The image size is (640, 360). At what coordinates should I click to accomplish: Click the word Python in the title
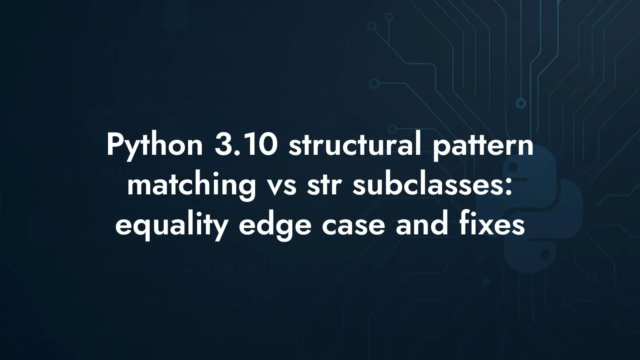click(x=154, y=146)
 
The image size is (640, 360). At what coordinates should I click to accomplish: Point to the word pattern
click(x=483, y=146)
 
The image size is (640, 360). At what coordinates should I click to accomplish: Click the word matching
click(x=192, y=185)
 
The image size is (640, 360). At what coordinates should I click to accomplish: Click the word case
click(x=354, y=228)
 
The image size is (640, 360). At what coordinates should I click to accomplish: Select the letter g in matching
click(x=246, y=190)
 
